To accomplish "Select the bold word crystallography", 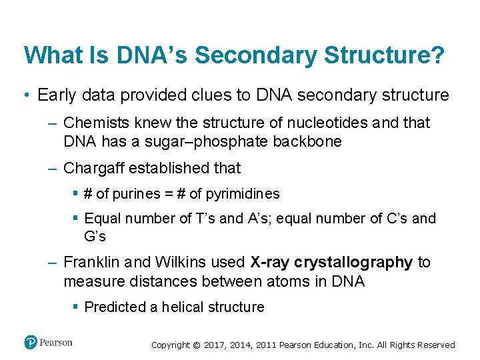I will pos(353,263).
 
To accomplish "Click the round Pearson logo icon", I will pos(31,342).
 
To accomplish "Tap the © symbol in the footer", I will pos(197,345).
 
